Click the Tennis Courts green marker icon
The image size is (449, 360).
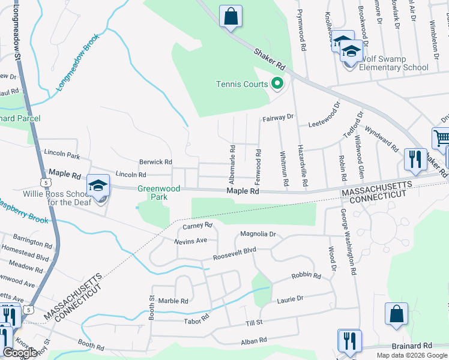click(x=277, y=83)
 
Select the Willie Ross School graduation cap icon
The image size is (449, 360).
click(x=98, y=186)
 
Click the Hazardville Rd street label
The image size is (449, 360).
click(x=304, y=164)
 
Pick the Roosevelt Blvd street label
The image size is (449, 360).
click(x=235, y=254)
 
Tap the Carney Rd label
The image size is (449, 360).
click(x=198, y=226)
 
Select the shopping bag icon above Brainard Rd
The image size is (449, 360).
click(x=396, y=314)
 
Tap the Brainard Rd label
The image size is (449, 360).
click(x=412, y=346)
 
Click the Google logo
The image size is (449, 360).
click(x=20, y=352)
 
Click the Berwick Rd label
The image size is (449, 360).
click(x=155, y=162)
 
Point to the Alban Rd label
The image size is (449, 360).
click(x=253, y=340)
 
